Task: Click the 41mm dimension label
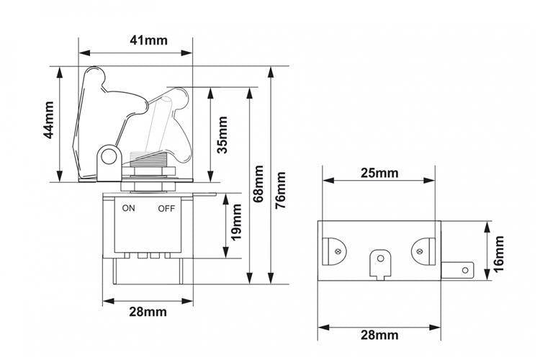148,40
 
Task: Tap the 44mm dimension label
48,120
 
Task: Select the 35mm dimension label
222,135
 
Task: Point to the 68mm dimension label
258,184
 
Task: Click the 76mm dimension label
281,190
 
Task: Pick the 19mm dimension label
236,222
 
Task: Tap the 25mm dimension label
379,173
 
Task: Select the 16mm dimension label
498,254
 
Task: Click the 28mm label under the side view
148,312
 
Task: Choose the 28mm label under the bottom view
379,335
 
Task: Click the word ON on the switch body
128,208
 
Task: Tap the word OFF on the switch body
166,208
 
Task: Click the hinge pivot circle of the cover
108,158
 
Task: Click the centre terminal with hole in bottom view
380,264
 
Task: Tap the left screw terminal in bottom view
334,251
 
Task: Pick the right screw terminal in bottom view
423,251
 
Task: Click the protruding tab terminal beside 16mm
458,271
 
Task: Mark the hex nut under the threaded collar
148,171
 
